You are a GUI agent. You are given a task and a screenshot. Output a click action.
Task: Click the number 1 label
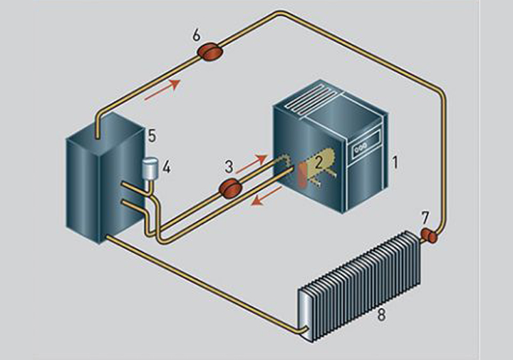click(x=395, y=163)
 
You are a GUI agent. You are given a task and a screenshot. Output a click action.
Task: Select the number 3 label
click(x=229, y=167)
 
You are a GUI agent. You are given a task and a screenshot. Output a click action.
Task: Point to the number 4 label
click(x=167, y=168)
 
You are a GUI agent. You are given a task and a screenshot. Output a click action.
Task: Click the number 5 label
click(x=152, y=135)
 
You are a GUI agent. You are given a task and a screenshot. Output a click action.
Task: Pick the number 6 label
click(x=197, y=36)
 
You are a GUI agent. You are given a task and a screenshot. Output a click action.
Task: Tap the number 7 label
click(x=425, y=218)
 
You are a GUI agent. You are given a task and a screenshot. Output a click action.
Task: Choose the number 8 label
click(x=381, y=315)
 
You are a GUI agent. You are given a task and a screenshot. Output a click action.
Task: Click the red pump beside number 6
click(x=209, y=52)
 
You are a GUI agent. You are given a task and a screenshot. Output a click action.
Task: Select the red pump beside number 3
click(x=230, y=188)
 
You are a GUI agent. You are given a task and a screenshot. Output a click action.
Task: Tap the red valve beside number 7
click(x=429, y=236)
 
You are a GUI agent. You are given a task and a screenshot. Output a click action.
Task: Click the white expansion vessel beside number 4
click(x=150, y=169)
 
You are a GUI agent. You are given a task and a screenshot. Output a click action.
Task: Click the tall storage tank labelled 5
click(x=105, y=178)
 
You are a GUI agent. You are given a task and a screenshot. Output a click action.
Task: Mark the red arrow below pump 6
click(x=162, y=89)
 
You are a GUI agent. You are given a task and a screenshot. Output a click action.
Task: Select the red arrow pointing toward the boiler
click(x=252, y=164)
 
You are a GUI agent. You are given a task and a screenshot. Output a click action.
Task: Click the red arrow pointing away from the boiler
click(x=266, y=196)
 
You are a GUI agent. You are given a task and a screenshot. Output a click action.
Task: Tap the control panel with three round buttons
click(x=365, y=144)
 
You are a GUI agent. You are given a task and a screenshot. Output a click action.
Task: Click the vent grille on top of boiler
click(x=311, y=100)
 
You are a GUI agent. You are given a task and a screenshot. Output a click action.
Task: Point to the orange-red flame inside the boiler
click(x=303, y=176)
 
